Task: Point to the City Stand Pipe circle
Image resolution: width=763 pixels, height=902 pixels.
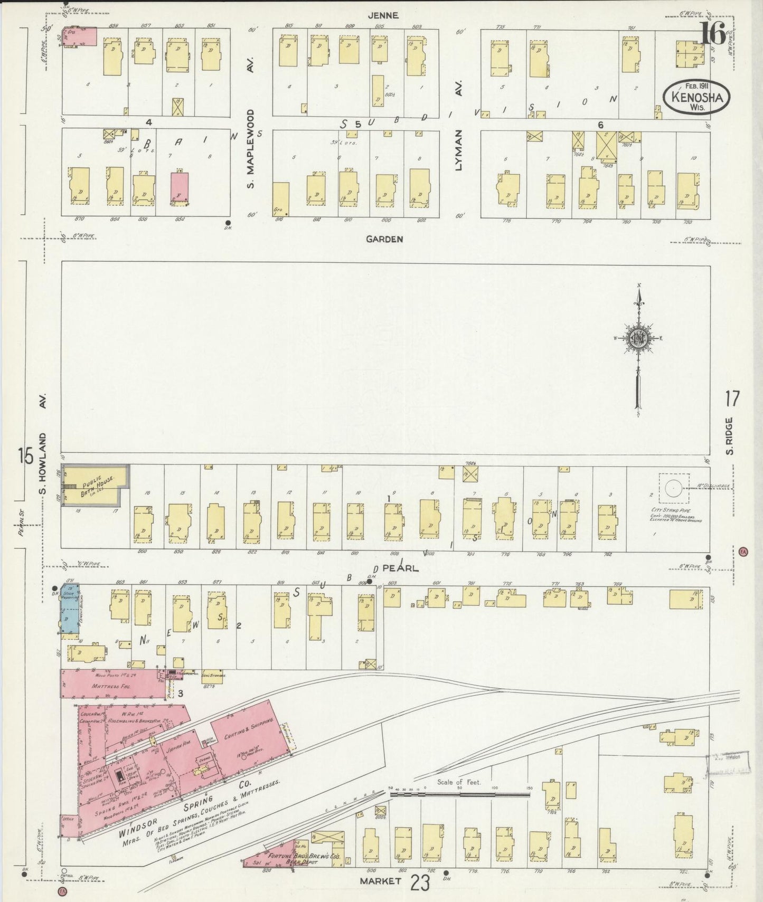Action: tap(673, 488)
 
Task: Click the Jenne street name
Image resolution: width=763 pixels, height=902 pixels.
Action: tap(383, 16)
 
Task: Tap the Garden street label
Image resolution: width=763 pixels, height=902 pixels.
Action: tap(385, 239)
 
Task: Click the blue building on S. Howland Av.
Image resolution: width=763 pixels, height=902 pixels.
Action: tap(70, 609)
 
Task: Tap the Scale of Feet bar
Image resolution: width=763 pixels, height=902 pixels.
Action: tap(459, 792)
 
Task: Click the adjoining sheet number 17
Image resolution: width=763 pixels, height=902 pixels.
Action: tap(732, 399)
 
